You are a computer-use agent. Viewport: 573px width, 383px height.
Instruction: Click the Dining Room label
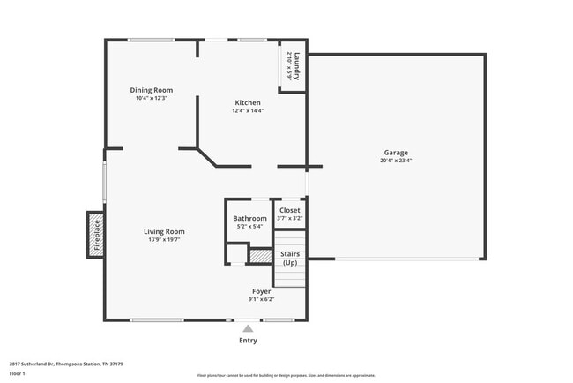151,90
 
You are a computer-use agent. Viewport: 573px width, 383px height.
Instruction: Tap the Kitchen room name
248,102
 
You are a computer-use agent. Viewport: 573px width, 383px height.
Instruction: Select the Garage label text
396,153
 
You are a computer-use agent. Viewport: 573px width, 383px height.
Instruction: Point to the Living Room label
164,231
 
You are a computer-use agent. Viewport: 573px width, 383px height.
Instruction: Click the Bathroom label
249,218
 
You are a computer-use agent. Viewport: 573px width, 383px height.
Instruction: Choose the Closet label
290,210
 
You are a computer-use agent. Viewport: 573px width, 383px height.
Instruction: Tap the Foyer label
263,290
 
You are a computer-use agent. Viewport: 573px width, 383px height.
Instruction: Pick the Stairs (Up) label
289,259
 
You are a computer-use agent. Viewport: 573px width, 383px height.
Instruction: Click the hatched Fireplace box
96,235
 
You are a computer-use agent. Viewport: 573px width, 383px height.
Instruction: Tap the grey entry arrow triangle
249,328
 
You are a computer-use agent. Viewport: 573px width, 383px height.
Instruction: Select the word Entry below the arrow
249,340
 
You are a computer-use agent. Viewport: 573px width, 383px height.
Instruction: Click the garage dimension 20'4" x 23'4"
396,161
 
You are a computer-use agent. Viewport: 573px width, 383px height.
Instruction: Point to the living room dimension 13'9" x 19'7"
164,239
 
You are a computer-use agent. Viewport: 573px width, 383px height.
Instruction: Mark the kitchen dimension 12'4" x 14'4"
248,110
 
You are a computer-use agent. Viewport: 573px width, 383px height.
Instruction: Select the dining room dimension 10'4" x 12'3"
151,98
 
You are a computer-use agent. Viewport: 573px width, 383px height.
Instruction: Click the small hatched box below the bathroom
259,256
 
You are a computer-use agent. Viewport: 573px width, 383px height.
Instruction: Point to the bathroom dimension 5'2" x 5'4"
249,226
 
